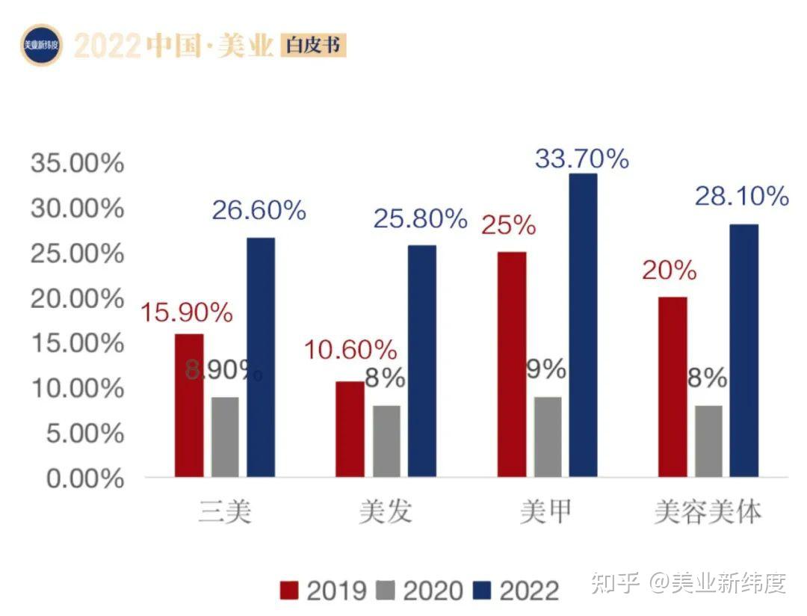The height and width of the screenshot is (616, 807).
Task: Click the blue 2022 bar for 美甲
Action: click(x=583, y=325)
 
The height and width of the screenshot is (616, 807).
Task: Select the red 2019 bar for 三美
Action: click(x=189, y=404)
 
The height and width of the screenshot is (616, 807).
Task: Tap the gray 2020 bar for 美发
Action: click(x=386, y=440)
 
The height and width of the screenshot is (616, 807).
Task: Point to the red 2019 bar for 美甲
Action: click(x=511, y=363)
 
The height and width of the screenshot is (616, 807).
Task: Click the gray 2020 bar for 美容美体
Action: click(x=708, y=440)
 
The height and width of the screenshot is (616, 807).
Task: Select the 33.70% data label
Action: click(x=582, y=158)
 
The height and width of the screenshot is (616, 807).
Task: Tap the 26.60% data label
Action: click(x=259, y=211)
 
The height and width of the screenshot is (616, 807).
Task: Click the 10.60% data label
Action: click(x=350, y=349)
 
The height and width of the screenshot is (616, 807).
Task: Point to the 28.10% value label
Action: click(x=741, y=197)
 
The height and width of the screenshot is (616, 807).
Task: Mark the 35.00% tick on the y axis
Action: click(x=77, y=163)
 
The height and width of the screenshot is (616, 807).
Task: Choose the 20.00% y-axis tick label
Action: click(x=77, y=298)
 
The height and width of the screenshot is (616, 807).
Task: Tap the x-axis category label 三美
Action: click(x=225, y=514)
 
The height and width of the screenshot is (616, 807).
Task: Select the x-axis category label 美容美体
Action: click(x=707, y=514)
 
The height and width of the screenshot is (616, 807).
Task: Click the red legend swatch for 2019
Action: click(x=289, y=591)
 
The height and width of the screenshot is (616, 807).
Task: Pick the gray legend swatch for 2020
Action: click(x=386, y=591)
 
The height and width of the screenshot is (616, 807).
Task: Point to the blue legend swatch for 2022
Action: click(x=482, y=591)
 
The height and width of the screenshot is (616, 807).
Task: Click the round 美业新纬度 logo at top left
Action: click(x=41, y=46)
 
